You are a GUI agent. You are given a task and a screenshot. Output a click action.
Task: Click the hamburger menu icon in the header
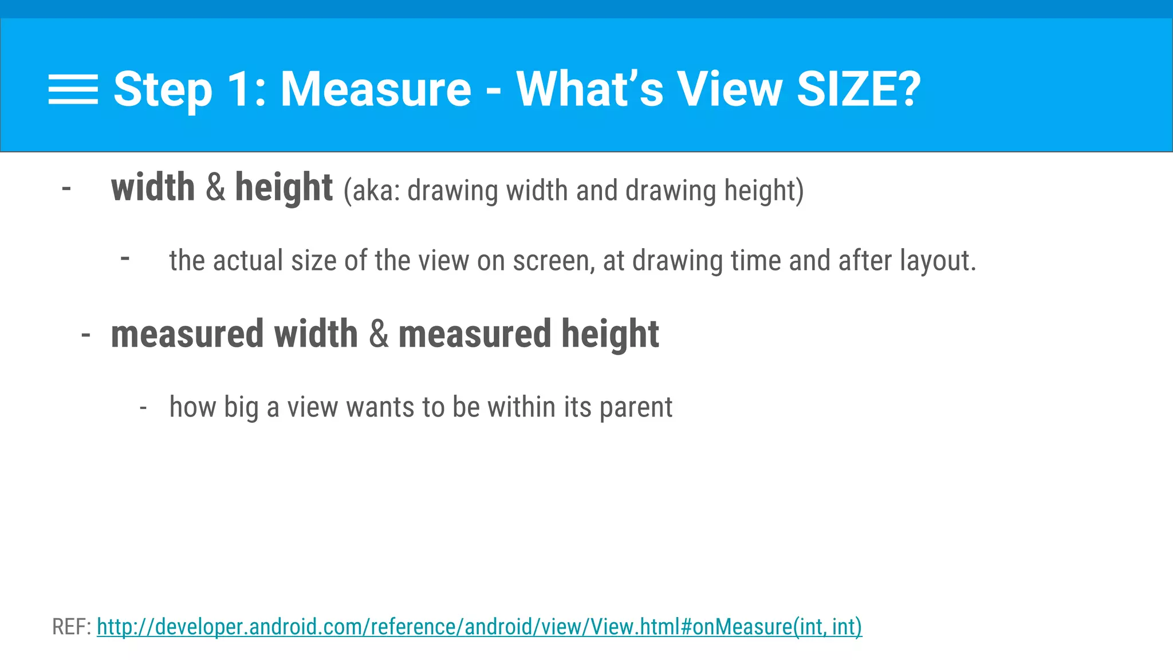tap(73, 90)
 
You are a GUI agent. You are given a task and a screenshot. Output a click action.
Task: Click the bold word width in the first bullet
tap(153, 187)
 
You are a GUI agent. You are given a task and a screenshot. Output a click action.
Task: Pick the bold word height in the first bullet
tap(284, 187)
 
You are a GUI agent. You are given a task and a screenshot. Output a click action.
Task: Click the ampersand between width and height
tap(215, 187)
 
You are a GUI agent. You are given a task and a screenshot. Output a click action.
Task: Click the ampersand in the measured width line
tap(378, 334)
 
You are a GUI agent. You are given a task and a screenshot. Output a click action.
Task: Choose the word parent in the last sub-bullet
tap(636, 407)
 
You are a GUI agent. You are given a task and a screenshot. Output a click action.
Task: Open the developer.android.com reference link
tap(479, 627)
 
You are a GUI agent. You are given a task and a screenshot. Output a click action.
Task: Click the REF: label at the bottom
tap(72, 627)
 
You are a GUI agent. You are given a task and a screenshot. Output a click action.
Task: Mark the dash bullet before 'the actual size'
tap(125, 258)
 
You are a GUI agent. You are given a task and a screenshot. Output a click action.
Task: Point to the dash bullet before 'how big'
tap(143, 408)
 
